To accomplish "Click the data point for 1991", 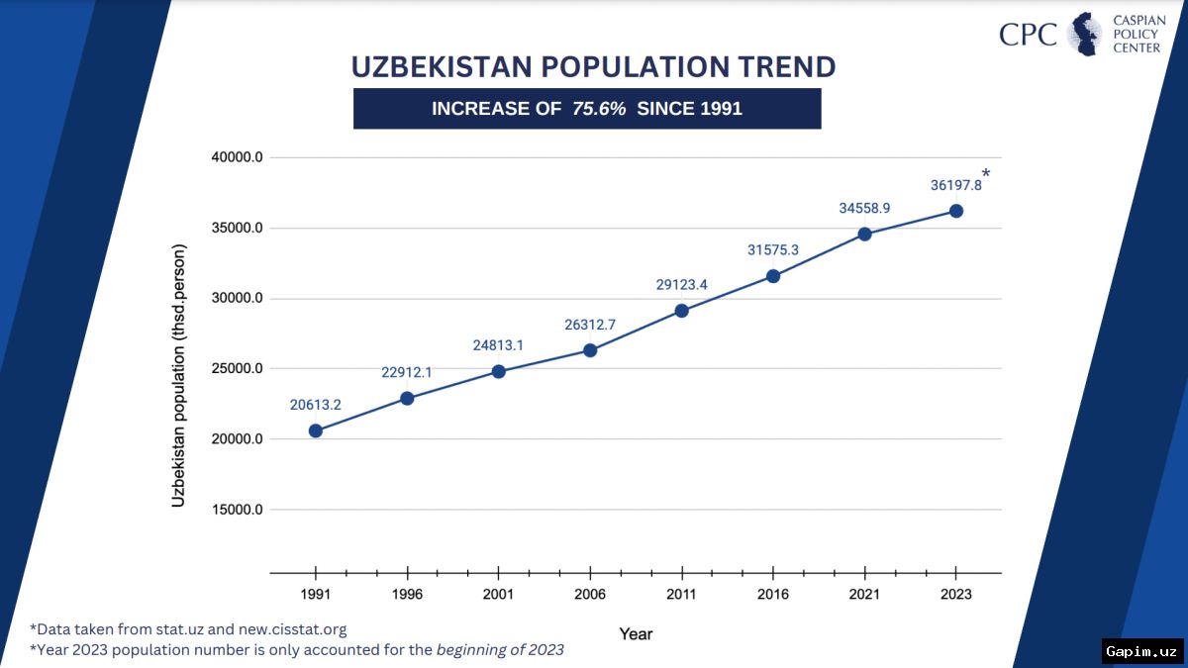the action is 316,431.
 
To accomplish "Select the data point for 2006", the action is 590,350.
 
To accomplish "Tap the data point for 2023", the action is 956,211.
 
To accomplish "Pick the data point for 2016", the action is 773,276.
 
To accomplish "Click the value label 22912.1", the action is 407,373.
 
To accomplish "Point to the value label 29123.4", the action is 681,285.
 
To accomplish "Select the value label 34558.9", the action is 864,209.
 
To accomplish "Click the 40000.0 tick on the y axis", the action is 237,157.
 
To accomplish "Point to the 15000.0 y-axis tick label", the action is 237,510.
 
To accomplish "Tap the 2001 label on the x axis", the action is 498,595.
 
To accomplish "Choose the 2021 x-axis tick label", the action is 864,595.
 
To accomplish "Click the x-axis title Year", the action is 636,634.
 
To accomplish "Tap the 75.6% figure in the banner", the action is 599,109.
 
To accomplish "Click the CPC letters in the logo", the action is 1028,35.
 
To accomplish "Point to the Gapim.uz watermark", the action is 1141,651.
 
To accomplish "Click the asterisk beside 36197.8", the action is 986,173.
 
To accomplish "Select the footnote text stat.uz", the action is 179,629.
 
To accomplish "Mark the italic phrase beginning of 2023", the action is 500,650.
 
